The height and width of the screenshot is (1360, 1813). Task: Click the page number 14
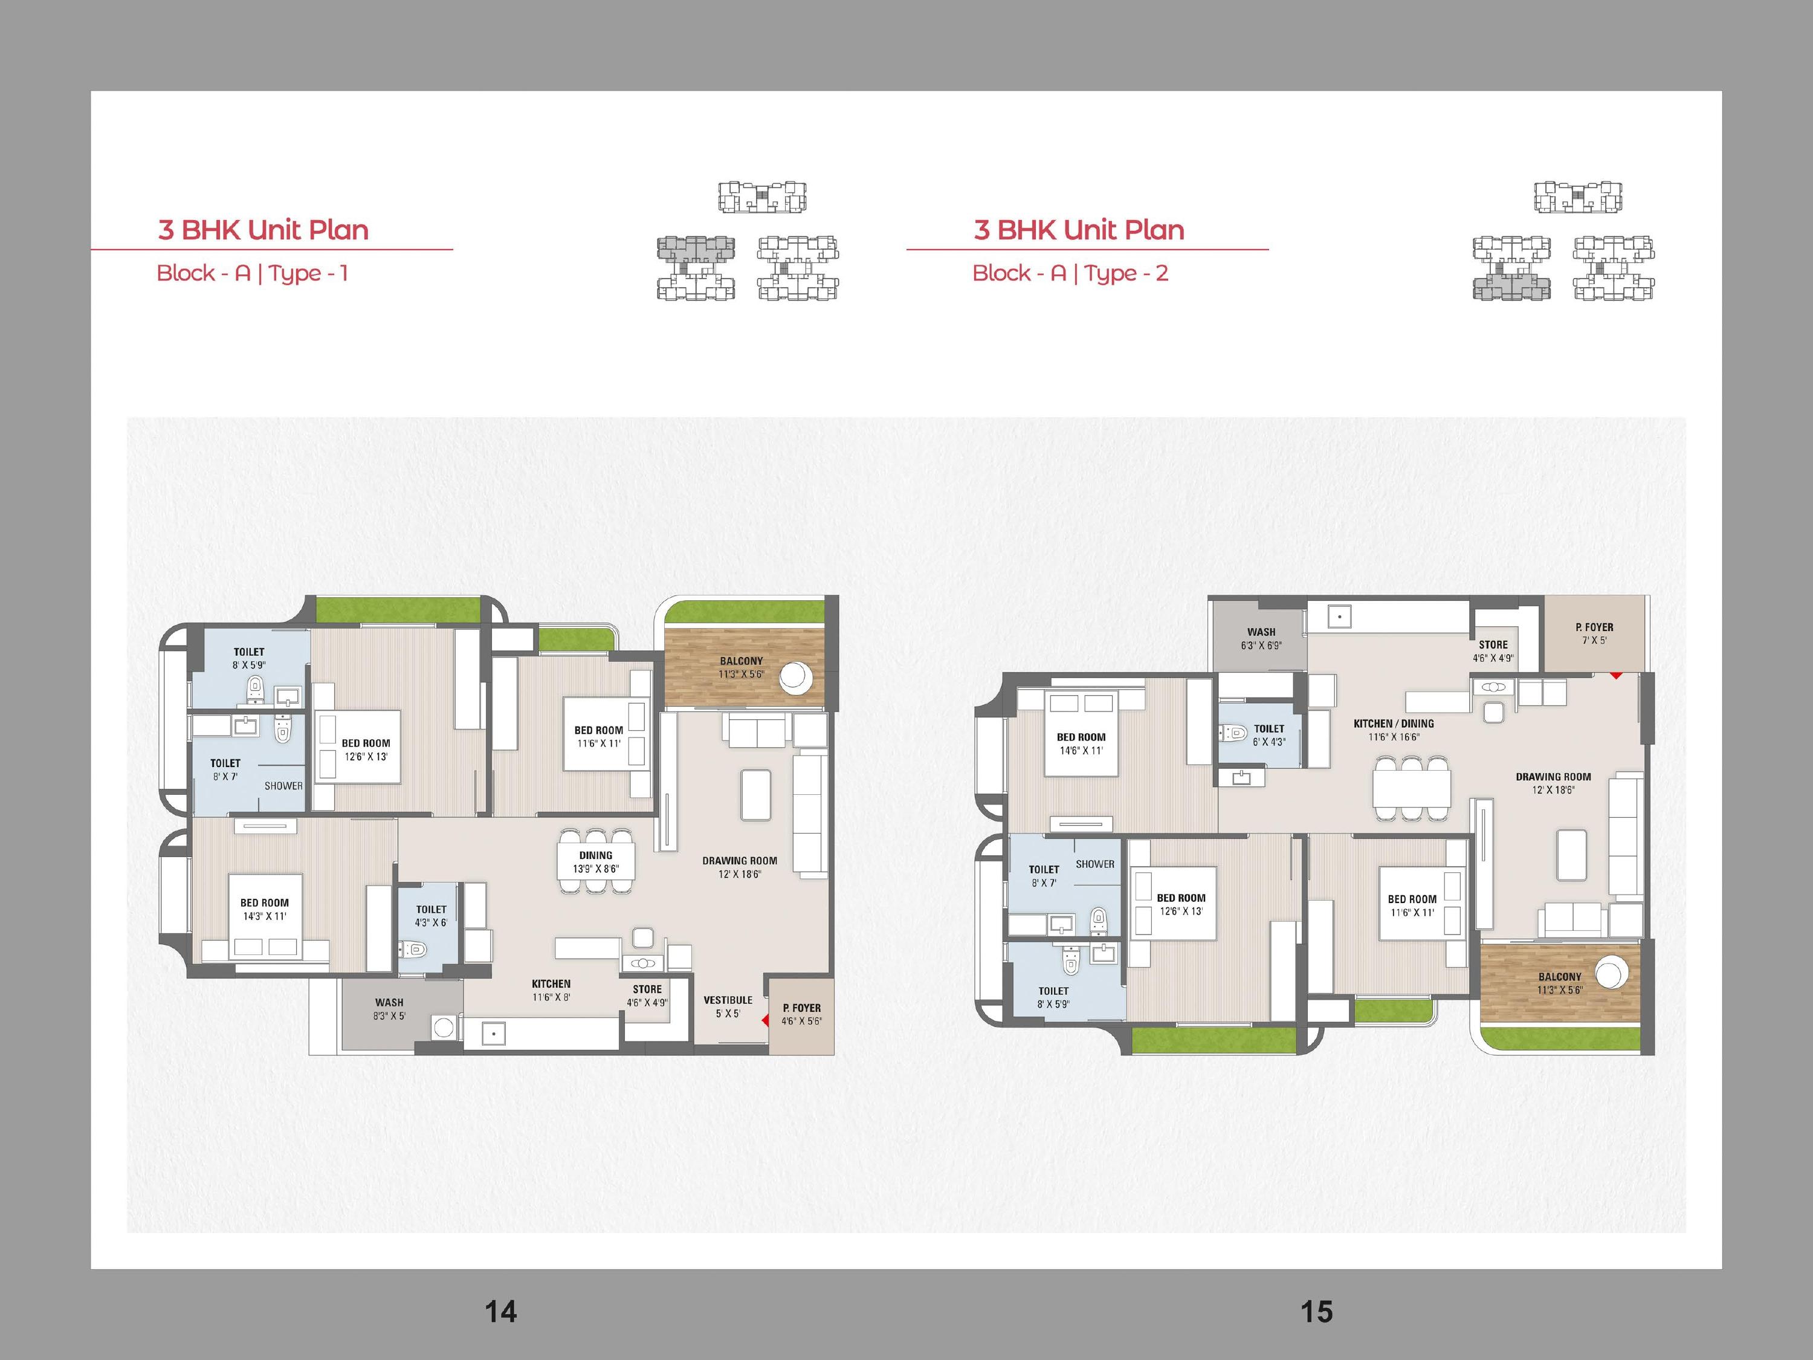[501, 1312]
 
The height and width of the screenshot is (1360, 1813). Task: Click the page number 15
[1316, 1312]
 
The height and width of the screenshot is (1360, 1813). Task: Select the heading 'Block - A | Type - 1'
[253, 273]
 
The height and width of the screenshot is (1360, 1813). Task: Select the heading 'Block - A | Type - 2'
[1070, 273]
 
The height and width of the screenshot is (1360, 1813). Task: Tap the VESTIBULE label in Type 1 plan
[728, 1000]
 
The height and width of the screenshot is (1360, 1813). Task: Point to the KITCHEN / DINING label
[1394, 724]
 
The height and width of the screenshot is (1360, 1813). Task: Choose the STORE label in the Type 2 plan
[1493, 645]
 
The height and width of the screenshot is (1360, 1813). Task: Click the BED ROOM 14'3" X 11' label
[265, 909]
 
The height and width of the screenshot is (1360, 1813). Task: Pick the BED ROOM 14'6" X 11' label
[1081, 743]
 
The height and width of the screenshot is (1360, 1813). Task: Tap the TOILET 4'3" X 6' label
[431, 916]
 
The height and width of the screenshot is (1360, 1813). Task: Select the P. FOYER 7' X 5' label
[1594, 633]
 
